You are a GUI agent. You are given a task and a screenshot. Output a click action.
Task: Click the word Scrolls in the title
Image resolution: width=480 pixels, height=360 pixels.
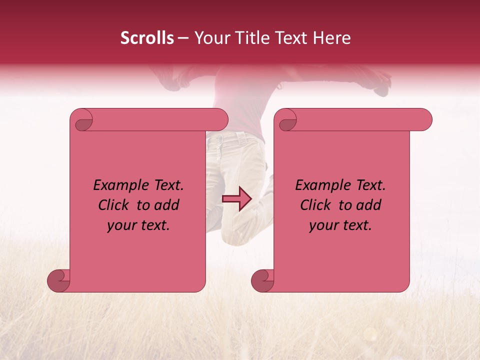(147, 38)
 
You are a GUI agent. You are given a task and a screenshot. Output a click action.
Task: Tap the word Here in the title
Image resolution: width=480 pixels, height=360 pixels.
(332, 38)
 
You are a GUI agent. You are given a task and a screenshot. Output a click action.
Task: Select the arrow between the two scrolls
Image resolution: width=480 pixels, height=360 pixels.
(236, 199)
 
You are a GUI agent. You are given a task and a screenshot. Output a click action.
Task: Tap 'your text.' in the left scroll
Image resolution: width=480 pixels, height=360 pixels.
(138, 225)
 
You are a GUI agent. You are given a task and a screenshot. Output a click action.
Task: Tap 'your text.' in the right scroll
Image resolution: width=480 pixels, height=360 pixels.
(340, 225)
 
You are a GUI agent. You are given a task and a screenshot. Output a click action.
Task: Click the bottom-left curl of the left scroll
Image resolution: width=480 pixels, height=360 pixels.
(58, 280)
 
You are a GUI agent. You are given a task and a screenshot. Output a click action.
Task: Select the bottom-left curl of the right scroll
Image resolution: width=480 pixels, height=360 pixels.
(262, 280)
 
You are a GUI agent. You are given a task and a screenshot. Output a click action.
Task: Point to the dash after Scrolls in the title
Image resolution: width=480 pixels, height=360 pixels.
(183, 38)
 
